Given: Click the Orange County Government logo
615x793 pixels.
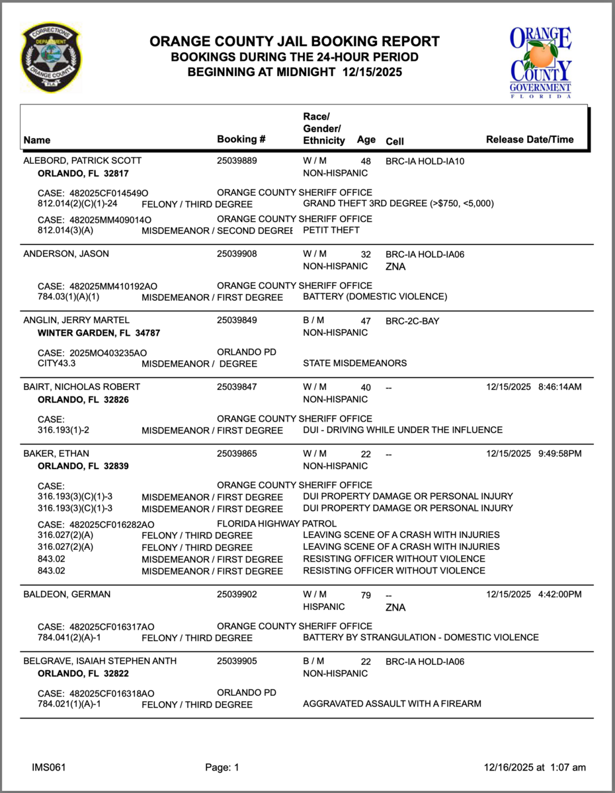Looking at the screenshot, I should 540,62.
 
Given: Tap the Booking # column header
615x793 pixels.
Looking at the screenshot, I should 241,139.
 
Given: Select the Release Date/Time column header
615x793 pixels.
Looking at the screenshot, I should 530,139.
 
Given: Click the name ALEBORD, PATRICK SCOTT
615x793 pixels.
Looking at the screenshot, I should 82,161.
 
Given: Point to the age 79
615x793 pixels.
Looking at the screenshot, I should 366,595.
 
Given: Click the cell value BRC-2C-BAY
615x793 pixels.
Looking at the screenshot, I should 412,321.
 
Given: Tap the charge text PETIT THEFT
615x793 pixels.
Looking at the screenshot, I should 331,230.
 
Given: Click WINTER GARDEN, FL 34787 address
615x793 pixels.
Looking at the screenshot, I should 99,333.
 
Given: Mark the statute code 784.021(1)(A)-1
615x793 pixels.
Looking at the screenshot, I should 74,704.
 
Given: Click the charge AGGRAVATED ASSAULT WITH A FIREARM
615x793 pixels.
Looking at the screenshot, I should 391,704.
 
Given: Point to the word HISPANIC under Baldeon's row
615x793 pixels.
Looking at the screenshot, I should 324,607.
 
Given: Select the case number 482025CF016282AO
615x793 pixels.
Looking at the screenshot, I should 112,525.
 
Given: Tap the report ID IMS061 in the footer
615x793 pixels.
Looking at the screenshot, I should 48,767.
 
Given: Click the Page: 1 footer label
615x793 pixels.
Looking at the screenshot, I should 222,767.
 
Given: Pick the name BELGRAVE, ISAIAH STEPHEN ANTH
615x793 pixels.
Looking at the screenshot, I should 100,661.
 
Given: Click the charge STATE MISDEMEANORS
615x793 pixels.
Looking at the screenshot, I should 354,363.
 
